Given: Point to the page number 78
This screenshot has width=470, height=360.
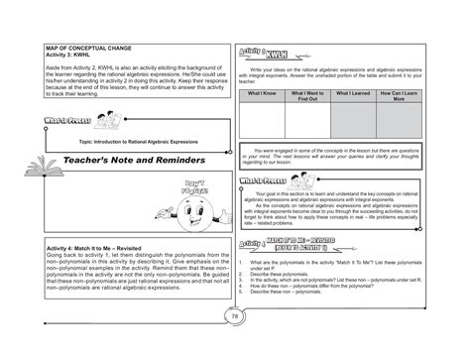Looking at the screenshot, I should pyautogui.click(x=235, y=343).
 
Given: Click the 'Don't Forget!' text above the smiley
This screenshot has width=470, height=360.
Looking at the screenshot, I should pyautogui.click(x=199, y=187).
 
